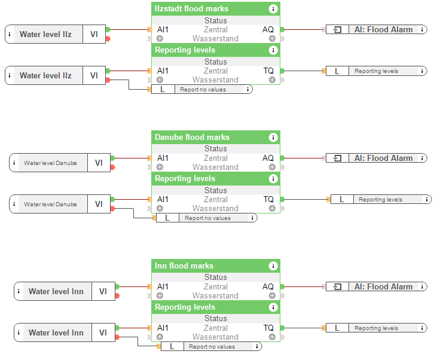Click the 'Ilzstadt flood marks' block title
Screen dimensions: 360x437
(x=191, y=8)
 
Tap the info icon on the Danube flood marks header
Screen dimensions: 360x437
(x=273, y=137)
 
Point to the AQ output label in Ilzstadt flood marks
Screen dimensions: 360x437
(x=268, y=29)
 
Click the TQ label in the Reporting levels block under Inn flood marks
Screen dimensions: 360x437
(x=268, y=328)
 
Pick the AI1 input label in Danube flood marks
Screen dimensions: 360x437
(x=163, y=158)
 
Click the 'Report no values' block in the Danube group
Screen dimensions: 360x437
(x=207, y=218)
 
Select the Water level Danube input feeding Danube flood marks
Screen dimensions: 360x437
(x=50, y=163)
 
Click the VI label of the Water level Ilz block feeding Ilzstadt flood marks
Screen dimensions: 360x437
(x=94, y=34)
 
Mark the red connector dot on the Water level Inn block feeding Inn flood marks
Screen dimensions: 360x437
(x=117, y=295)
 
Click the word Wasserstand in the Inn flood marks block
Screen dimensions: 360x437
(x=215, y=295)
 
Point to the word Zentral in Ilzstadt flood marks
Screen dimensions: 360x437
(x=215, y=29)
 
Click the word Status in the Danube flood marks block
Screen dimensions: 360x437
(x=215, y=149)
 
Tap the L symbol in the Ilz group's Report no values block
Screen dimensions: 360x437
(x=163, y=89)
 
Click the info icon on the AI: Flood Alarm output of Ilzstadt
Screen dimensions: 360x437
(x=422, y=29)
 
